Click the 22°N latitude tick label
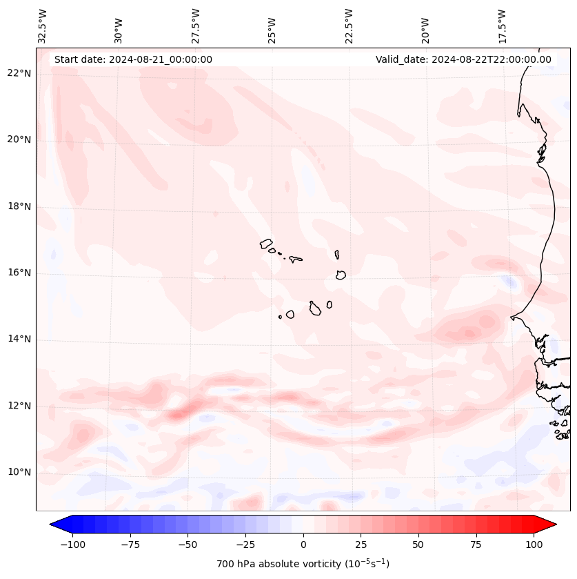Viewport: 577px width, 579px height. coord(19,73)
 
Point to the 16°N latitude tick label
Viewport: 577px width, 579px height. coord(19,273)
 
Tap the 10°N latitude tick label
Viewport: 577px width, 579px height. coord(19,472)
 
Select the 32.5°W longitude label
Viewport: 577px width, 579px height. coord(43,26)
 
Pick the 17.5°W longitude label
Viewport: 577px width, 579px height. coord(502,26)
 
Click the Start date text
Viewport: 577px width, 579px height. coord(133,59)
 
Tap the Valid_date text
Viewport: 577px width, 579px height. coord(463,59)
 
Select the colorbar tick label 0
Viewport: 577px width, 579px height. coord(303,544)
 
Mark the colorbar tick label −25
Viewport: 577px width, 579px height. coord(245,544)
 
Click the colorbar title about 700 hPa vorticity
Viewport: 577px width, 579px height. coord(303,564)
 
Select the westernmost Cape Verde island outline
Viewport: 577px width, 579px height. coord(266,243)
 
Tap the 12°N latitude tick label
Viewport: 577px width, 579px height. coord(19,406)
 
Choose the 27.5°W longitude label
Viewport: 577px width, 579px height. coord(196,26)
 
